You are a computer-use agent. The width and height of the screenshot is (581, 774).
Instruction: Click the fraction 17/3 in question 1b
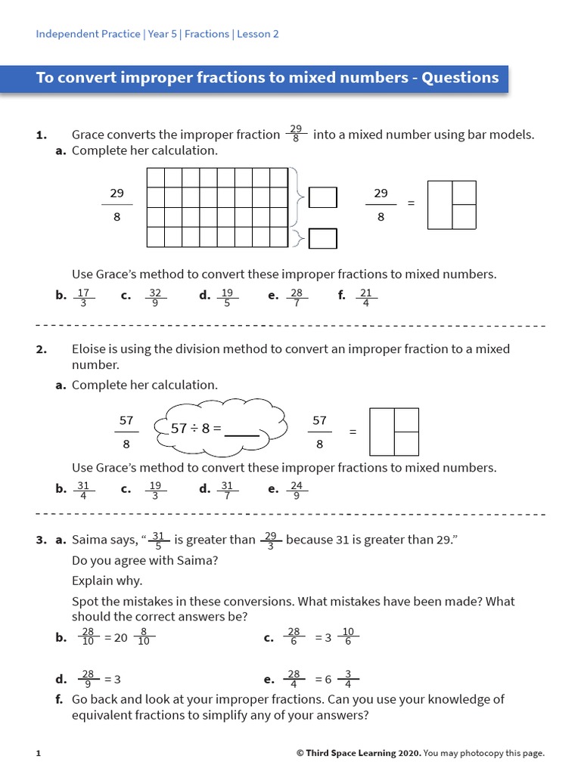tap(84, 296)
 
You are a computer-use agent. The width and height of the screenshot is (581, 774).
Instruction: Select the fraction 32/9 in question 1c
tap(155, 296)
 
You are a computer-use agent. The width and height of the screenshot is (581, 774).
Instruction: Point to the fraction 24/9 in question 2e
tap(297, 490)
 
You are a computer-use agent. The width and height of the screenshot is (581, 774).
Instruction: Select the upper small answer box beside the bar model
tap(323, 198)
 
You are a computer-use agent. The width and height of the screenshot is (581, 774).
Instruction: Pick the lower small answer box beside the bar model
tap(323, 239)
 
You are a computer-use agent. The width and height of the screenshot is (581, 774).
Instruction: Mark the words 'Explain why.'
tap(107, 581)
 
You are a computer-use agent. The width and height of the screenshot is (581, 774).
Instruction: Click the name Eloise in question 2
tap(92, 349)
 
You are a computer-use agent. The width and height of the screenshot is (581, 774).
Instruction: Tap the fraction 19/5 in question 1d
tap(228, 296)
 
